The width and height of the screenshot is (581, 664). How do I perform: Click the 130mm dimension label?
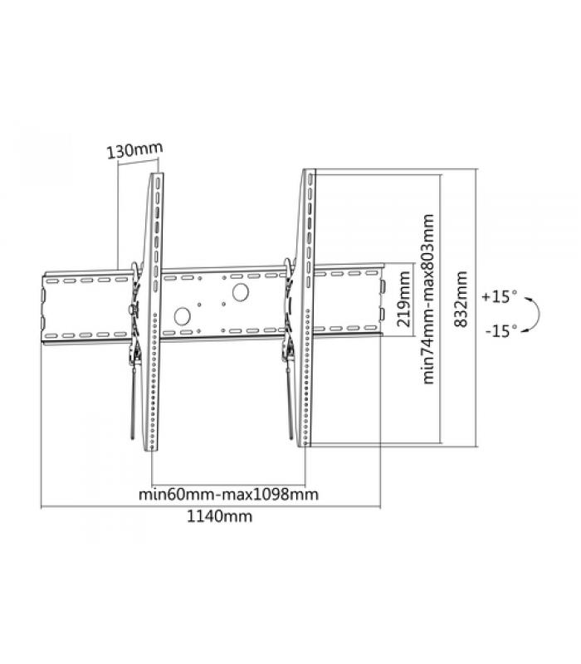pyautogui.click(x=134, y=150)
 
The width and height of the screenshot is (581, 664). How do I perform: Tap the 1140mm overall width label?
pyautogui.click(x=220, y=516)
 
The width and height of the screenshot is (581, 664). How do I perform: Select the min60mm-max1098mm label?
pyautogui.click(x=229, y=494)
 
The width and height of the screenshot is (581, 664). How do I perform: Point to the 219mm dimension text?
pyautogui.click(x=404, y=299)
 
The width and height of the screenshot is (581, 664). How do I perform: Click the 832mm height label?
pyautogui.click(x=461, y=299)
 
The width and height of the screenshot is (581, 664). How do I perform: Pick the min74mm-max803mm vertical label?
pyautogui.click(x=428, y=300)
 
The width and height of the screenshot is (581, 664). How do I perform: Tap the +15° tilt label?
pyautogui.click(x=500, y=296)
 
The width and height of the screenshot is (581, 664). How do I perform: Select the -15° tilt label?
pyautogui.click(x=501, y=330)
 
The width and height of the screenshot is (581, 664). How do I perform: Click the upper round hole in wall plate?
pyautogui.click(x=240, y=293)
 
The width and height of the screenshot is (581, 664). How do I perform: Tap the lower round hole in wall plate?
pyautogui.click(x=182, y=316)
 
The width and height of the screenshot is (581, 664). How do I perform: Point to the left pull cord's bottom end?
pyautogui.click(x=132, y=437)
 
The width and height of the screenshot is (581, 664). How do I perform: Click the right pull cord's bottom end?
pyautogui.click(x=291, y=437)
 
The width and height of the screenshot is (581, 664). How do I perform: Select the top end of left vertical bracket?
pyautogui.click(x=157, y=173)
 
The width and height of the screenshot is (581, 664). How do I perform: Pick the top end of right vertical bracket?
pyautogui.click(x=309, y=170)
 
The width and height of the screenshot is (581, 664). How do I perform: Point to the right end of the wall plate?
pyautogui.click(x=383, y=300)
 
